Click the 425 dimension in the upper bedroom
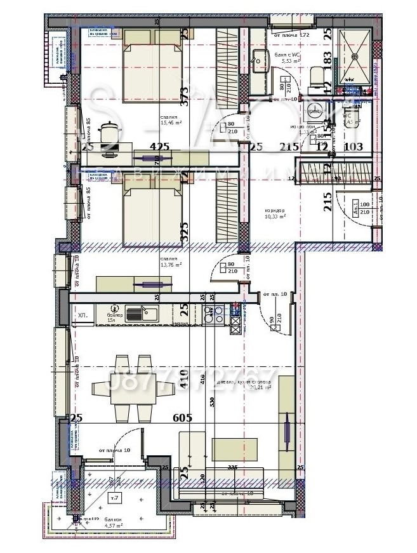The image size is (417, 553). pyautogui.click(x=159, y=147)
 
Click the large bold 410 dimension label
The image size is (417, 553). pyautogui.click(x=185, y=381)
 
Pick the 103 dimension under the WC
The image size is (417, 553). pyautogui.click(x=353, y=147)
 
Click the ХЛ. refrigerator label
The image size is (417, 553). pyautogui.click(x=82, y=315)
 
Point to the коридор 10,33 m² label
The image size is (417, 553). pyautogui.click(x=274, y=214)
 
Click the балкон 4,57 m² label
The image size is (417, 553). pyautogui.click(x=105, y=523)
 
